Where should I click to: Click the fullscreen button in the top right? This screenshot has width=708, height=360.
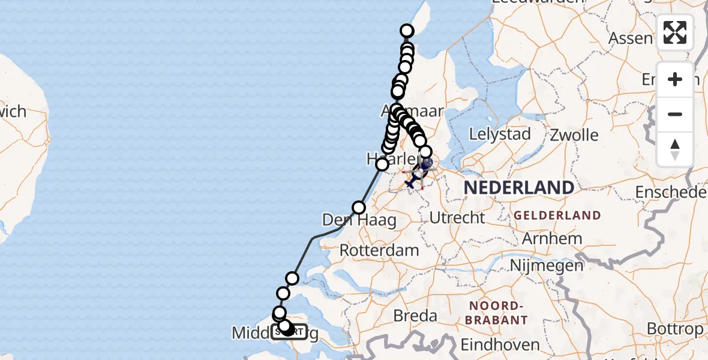(x=675, y=32)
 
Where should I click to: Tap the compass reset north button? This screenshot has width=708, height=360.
(x=675, y=149)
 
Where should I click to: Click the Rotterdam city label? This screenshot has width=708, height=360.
(x=379, y=250)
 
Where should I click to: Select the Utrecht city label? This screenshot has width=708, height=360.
(x=457, y=217)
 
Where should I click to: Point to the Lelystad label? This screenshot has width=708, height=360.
(x=500, y=134)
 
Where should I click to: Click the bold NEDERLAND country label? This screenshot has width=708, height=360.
(x=519, y=187)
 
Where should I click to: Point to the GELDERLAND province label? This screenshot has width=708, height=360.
(x=557, y=215)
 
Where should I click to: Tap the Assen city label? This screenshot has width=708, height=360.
(x=630, y=39)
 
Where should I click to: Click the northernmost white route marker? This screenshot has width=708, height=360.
(x=407, y=31)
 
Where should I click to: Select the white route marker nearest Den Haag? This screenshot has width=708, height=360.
(x=359, y=208)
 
